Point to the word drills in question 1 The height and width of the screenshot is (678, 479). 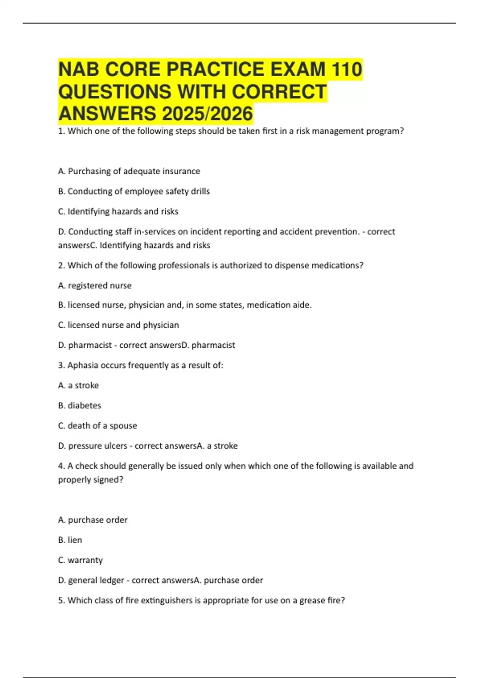[x=200, y=191]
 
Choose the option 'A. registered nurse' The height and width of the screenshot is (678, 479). [x=95, y=286]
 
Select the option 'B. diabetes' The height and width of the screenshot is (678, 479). [x=79, y=406]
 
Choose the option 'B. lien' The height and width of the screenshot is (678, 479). [x=70, y=540]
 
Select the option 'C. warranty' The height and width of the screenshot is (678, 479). [x=80, y=560]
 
